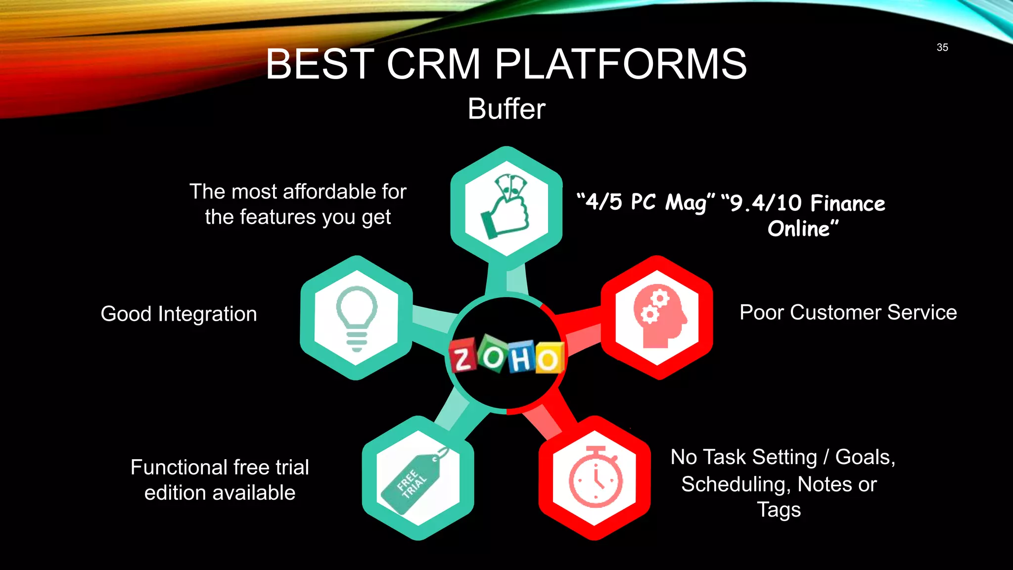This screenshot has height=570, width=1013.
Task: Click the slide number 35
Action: click(942, 47)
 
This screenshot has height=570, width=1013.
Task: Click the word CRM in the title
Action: click(433, 64)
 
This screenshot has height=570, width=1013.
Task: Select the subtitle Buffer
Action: click(506, 109)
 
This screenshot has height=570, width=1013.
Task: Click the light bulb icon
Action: click(356, 318)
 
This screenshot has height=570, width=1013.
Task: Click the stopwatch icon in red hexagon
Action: click(595, 478)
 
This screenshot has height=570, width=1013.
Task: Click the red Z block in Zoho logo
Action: click(462, 355)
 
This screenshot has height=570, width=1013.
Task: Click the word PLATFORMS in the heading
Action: click(621, 64)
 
